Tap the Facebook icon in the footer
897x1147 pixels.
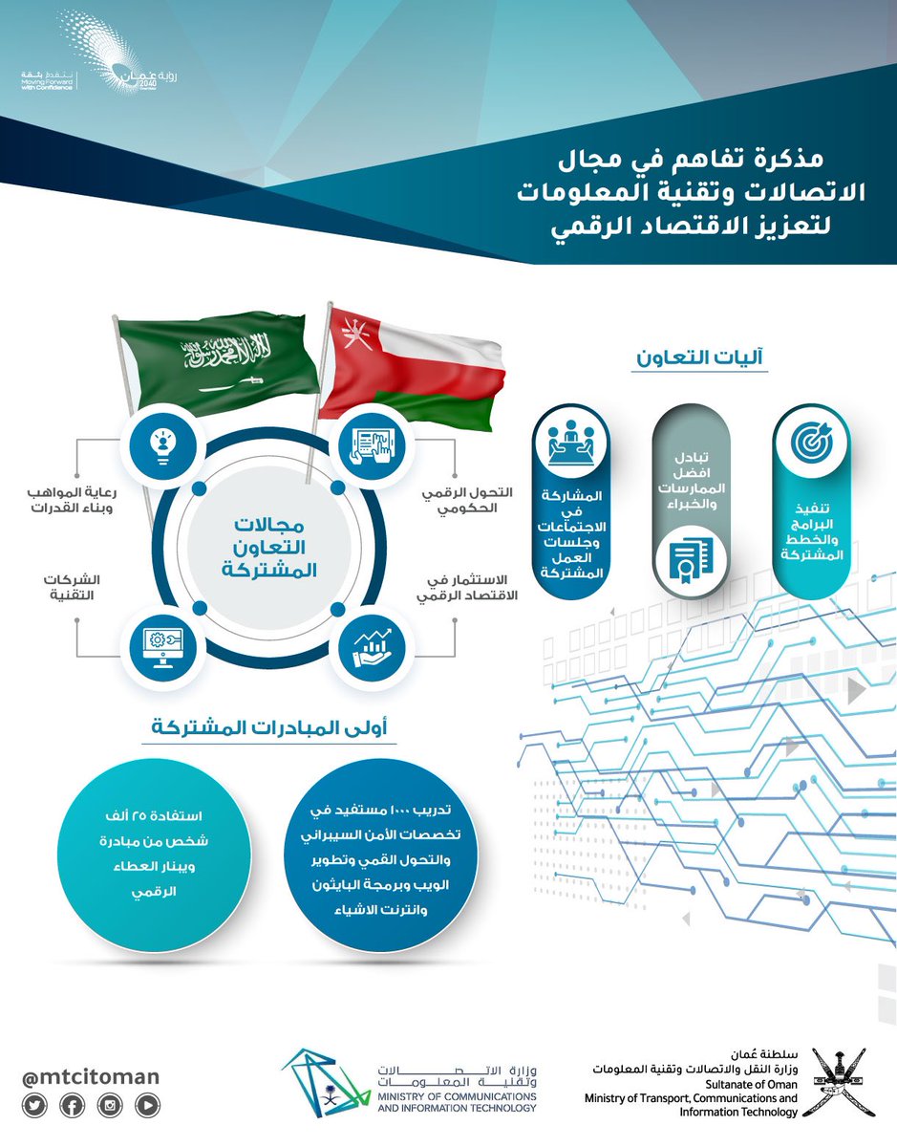(71, 1106)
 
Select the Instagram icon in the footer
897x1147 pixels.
(110, 1106)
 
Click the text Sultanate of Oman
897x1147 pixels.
(748, 1085)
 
